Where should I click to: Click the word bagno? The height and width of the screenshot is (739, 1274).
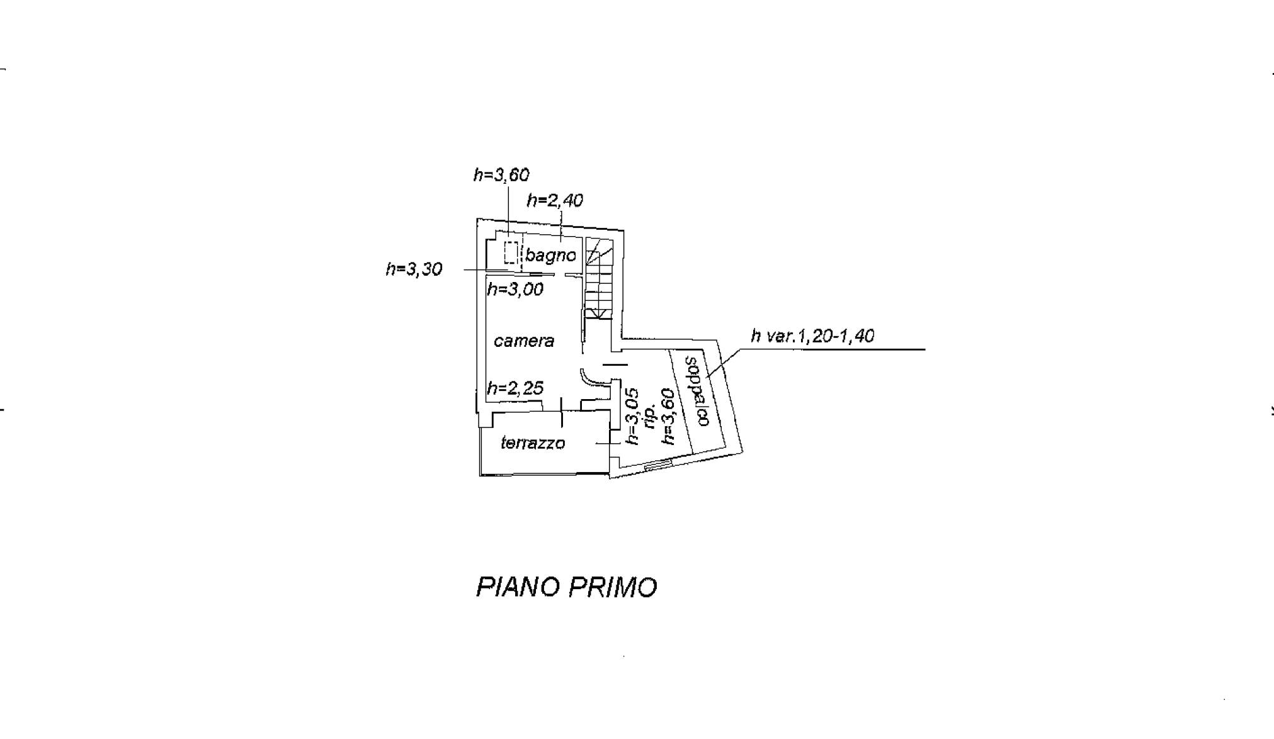click(x=550, y=256)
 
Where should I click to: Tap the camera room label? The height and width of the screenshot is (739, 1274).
click(x=524, y=341)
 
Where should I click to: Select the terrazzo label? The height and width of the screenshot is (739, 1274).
click(x=533, y=443)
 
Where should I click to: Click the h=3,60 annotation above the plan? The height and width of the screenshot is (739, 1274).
click(x=501, y=175)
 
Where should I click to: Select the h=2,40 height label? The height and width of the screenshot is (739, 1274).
click(x=555, y=201)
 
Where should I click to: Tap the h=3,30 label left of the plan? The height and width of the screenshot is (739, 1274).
click(x=414, y=269)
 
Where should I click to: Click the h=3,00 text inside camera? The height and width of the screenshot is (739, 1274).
click(x=515, y=290)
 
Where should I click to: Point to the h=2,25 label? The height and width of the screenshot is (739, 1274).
click(x=515, y=388)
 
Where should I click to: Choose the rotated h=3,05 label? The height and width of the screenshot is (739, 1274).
click(x=632, y=416)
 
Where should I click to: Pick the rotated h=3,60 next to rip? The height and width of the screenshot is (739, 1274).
click(x=668, y=416)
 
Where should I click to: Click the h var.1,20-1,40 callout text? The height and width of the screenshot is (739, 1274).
click(x=812, y=336)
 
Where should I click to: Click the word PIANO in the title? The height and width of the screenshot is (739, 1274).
click(x=518, y=587)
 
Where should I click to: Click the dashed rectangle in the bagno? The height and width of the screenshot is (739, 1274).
click(x=511, y=252)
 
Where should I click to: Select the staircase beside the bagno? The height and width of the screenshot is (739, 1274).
click(x=599, y=278)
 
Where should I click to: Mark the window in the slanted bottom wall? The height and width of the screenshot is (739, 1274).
click(x=659, y=465)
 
